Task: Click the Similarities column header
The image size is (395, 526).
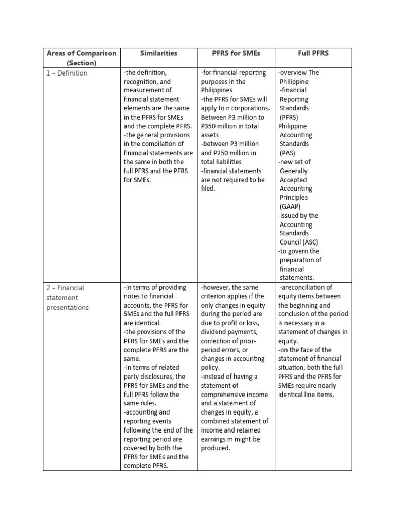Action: tap(158, 53)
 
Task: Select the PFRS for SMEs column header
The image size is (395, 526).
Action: tap(236, 53)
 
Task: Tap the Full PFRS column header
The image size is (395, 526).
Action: tap(313, 53)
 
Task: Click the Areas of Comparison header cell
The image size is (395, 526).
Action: tap(82, 58)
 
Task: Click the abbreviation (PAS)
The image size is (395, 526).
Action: tap(290, 153)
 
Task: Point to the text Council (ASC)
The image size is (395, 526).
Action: tap(299, 242)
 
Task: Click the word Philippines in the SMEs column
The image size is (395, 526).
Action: tap(217, 90)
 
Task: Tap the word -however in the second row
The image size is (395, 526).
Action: tap(219, 288)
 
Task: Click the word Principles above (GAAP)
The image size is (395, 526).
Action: tap(294, 198)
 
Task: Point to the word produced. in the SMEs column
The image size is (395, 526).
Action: tap(216, 448)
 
